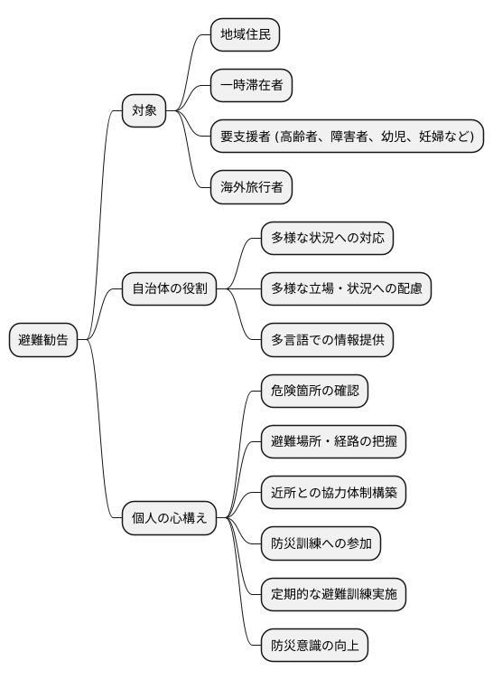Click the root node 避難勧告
[x=42, y=341]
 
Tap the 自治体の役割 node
[x=170, y=289]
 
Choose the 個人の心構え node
[x=170, y=518]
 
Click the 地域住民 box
[x=245, y=35]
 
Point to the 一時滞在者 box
[x=251, y=86]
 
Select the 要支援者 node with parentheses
[x=347, y=137]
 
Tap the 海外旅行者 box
[x=251, y=187]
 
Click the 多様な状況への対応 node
[x=326, y=239]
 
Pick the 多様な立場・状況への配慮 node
[x=345, y=289]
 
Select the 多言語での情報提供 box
[x=326, y=340]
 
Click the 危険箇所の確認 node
[x=313, y=391]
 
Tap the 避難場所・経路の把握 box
[x=332, y=442]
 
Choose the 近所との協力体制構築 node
[x=332, y=493]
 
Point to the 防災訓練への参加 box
[x=320, y=543]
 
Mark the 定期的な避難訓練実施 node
[x=332, y=594]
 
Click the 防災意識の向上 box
[x=313, y=646]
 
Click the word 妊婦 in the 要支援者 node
[x=432, y=137]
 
